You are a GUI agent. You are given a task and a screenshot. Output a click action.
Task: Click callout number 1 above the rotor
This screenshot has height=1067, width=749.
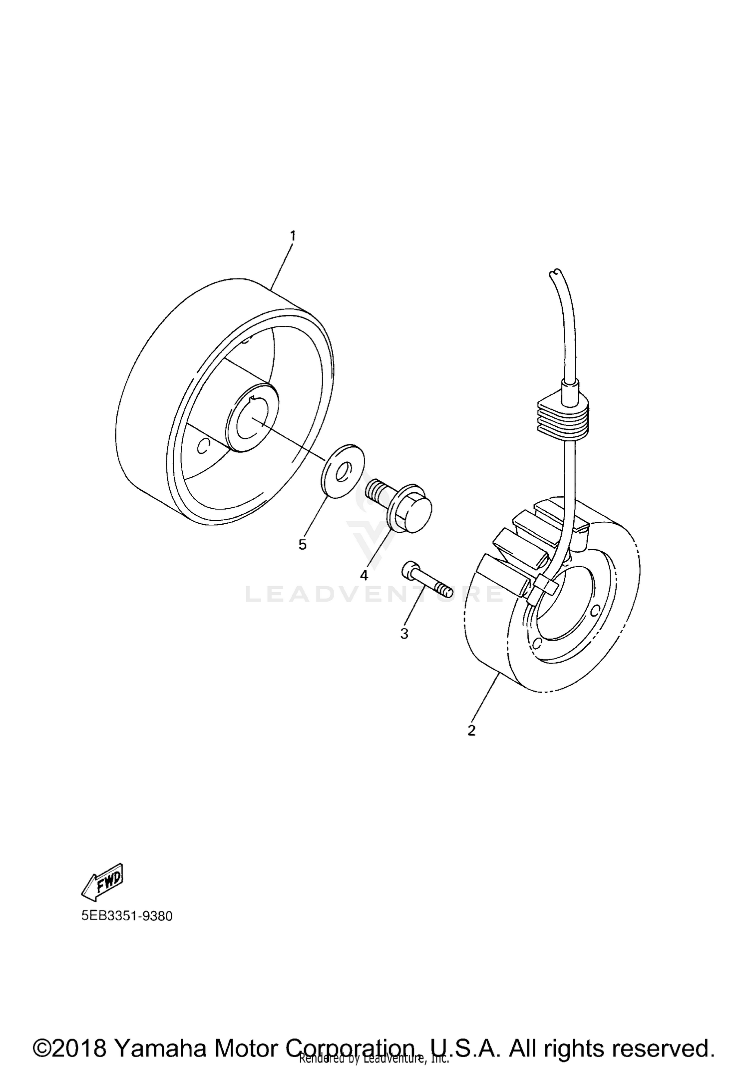point(293,235)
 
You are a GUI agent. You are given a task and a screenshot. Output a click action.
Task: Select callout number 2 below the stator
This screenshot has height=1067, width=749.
point(471,730)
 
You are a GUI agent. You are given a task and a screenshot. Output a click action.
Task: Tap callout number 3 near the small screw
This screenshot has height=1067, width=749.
point(404,634)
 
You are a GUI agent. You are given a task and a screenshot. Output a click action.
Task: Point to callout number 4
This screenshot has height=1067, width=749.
point(364,575)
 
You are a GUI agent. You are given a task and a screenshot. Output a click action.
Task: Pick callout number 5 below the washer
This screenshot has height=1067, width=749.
point(303,544)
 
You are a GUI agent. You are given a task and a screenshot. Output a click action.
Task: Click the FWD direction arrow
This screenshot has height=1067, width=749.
point(102,884)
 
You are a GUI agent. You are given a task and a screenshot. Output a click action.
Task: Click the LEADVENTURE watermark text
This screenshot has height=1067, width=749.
point(374,594)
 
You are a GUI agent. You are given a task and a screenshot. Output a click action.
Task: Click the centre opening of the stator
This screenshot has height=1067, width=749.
point(567,606)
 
